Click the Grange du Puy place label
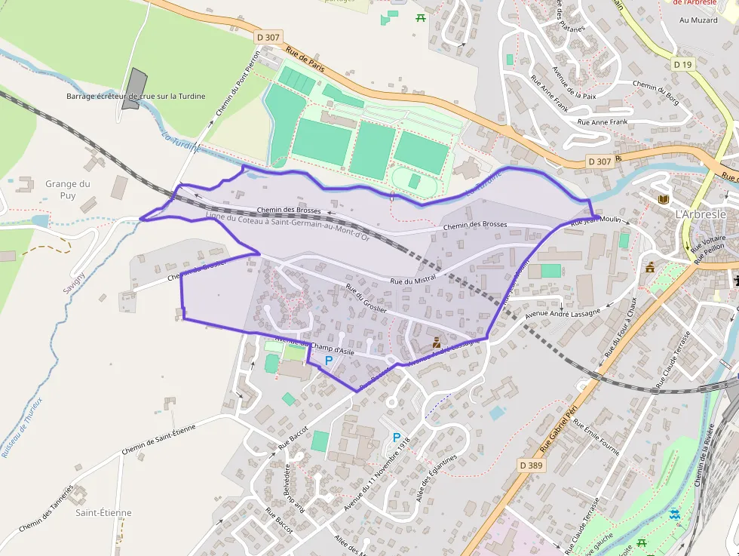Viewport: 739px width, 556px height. click(x=68, y=189)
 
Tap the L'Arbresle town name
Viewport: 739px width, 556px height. click(x=701, y=213)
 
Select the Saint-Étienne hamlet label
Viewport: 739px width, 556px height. click(x=103, y=512)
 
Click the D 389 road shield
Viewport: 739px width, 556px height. click(x=531, y=465)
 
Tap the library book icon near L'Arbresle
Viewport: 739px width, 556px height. click(x=664, y=199)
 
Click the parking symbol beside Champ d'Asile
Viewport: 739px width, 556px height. click(x=328, y=361)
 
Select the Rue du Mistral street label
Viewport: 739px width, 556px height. click(x=413, y=280)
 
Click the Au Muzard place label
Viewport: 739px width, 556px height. click(x=698, y=20)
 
